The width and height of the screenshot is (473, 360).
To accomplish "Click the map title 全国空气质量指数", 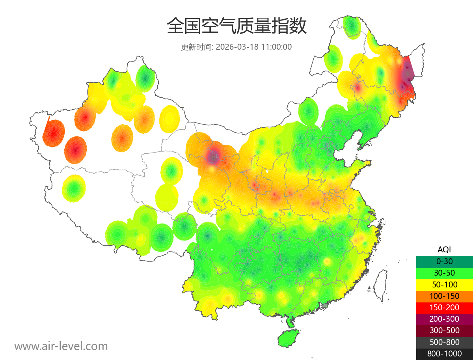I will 236,27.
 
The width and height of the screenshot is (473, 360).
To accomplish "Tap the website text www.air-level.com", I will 61,347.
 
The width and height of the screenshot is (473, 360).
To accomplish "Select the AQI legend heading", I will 444,250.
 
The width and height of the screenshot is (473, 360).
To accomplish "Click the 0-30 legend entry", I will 444,261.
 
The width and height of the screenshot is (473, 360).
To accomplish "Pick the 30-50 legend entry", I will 444,273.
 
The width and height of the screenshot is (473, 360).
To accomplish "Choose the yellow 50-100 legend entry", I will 444,284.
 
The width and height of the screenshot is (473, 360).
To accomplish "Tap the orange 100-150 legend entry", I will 444,296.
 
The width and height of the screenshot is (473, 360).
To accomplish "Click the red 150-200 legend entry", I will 444,307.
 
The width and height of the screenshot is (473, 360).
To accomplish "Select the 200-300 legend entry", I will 444,319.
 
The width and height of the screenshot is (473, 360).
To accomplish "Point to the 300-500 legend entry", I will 444,330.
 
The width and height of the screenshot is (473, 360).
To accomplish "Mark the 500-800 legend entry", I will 444,342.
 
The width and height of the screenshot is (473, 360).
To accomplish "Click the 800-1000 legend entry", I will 444,354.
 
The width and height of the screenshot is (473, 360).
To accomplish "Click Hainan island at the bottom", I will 288,338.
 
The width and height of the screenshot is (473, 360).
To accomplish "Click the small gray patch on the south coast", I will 325,306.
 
